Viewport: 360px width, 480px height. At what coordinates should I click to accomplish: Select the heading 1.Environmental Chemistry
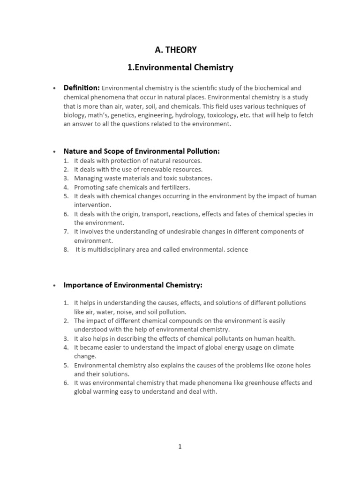click(180, 67)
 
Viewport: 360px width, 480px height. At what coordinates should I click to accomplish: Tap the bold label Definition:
click(82, 88)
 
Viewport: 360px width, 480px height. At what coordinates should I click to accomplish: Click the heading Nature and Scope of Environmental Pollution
click(142, 151)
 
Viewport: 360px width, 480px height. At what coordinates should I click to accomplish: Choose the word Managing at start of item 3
click(87, 178)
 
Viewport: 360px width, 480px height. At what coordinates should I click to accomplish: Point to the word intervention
click(92, 205)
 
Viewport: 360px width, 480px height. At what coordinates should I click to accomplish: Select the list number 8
click(66, 249)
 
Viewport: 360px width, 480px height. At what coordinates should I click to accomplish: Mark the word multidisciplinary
click(115, 249)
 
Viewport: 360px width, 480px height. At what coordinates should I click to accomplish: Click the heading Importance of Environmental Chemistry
click(133, 285)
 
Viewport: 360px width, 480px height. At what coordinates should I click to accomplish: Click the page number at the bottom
click(180, 447)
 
